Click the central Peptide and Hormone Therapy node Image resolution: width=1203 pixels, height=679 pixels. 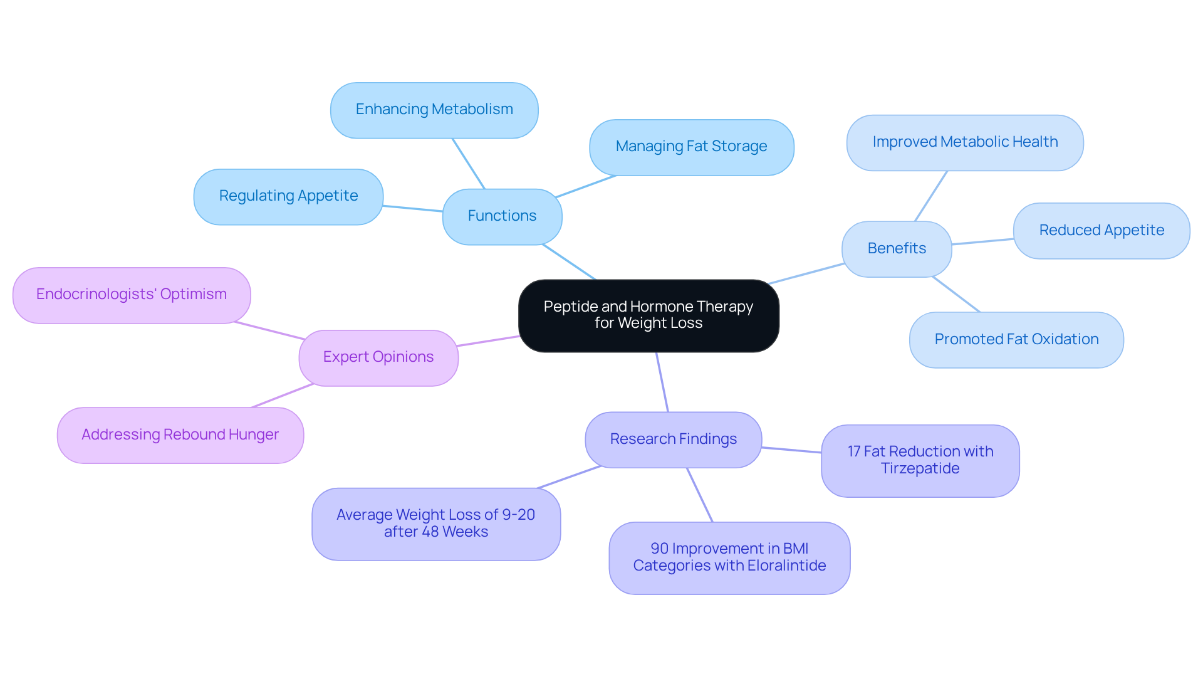[x=648, y=315]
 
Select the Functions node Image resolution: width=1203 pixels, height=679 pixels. [x=502, y=216]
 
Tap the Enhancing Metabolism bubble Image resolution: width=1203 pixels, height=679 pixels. [x=434, y=110]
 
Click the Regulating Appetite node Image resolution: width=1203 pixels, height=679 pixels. [x=288, y=196]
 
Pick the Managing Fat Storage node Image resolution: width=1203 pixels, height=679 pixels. [x=691, y=147]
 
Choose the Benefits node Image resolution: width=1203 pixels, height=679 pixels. [x=897, y=249]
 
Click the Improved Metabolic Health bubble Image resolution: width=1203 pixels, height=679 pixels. [x=965, y=142]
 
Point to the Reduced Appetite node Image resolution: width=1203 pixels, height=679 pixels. [x=1101, y=231]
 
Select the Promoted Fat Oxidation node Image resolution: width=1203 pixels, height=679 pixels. [x=1016, y=340]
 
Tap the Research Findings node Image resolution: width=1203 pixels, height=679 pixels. [x=673, y=440]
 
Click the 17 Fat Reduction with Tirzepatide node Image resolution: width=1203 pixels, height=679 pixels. [x=920, y=461]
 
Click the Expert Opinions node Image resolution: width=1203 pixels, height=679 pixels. [x=378, y=357]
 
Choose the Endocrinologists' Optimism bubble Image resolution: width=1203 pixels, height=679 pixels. [x=132, y=295]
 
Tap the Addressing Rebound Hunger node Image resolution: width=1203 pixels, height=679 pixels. [x=180, y=435]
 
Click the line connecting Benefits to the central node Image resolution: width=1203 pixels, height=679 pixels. [x=807, y=273]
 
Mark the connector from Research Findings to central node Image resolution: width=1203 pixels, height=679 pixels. [x=662, y=382]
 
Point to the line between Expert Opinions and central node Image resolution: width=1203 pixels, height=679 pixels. [x=489, y=340]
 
